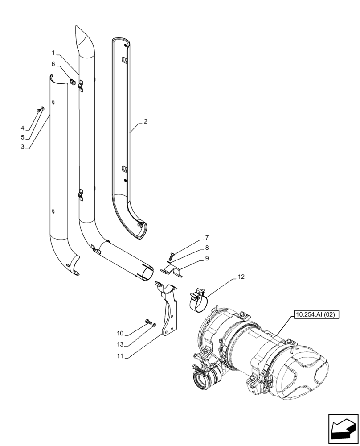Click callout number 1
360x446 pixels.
53,53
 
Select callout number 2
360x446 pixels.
145,121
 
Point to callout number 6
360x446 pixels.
53,64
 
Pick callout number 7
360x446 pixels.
207,238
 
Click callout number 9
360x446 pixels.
207,258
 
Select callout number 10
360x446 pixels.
120,333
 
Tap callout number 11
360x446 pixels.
120,356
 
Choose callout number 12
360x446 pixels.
241,277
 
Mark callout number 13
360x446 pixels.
120,344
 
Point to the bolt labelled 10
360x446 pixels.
148,321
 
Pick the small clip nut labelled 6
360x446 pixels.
72,81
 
